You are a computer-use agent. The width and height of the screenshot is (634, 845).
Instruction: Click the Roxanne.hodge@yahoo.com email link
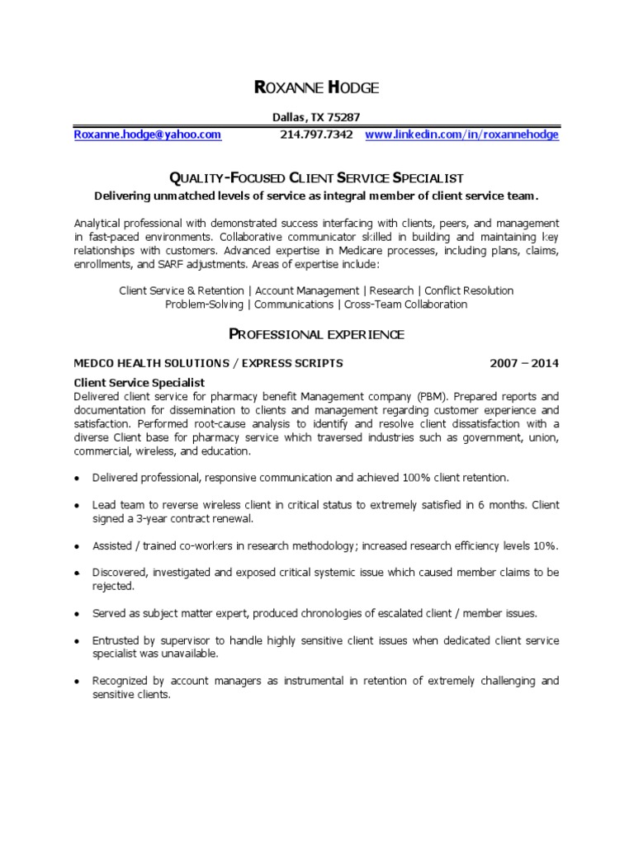pyautogui.click(x=148, y=135)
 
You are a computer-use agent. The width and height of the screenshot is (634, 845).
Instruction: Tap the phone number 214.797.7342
pyautogui.click(x=316, y=135)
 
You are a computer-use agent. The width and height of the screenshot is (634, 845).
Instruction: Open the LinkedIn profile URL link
pyautogui.click(x=461, y=135)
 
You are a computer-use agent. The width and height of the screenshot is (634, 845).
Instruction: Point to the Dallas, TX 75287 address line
pyautogui.click(x=316, y=118)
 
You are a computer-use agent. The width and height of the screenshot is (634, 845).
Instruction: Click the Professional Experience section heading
pyautogui.click(x=316, y=334)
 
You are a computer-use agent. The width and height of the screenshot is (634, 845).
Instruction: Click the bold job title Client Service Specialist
pyautogui.click(x=140, y=382)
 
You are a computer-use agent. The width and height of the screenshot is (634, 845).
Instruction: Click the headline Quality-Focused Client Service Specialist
pyautogui.click(x=316, y=177)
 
